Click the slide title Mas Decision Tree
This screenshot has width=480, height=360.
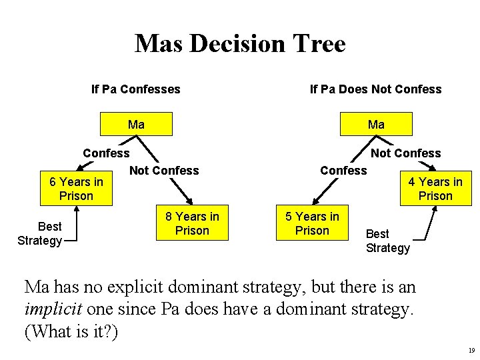240,44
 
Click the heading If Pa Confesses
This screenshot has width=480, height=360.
135,89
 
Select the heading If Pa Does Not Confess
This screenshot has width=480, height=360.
375,89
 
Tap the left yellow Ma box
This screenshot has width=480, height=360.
136,125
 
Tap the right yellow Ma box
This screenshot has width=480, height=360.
376,125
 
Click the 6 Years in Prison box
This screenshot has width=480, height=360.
76,189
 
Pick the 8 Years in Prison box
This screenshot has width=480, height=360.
192,223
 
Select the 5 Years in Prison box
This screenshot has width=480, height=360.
312,223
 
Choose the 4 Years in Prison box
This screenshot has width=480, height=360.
435,189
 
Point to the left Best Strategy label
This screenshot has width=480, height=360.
40,233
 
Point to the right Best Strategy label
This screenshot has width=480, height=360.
388,241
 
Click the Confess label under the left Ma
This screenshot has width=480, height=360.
106,153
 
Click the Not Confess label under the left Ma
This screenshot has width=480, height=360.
164,171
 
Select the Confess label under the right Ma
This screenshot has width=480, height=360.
343,171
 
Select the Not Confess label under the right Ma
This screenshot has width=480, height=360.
405,153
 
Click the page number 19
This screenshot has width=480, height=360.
471,350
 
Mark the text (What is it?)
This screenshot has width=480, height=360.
71,331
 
